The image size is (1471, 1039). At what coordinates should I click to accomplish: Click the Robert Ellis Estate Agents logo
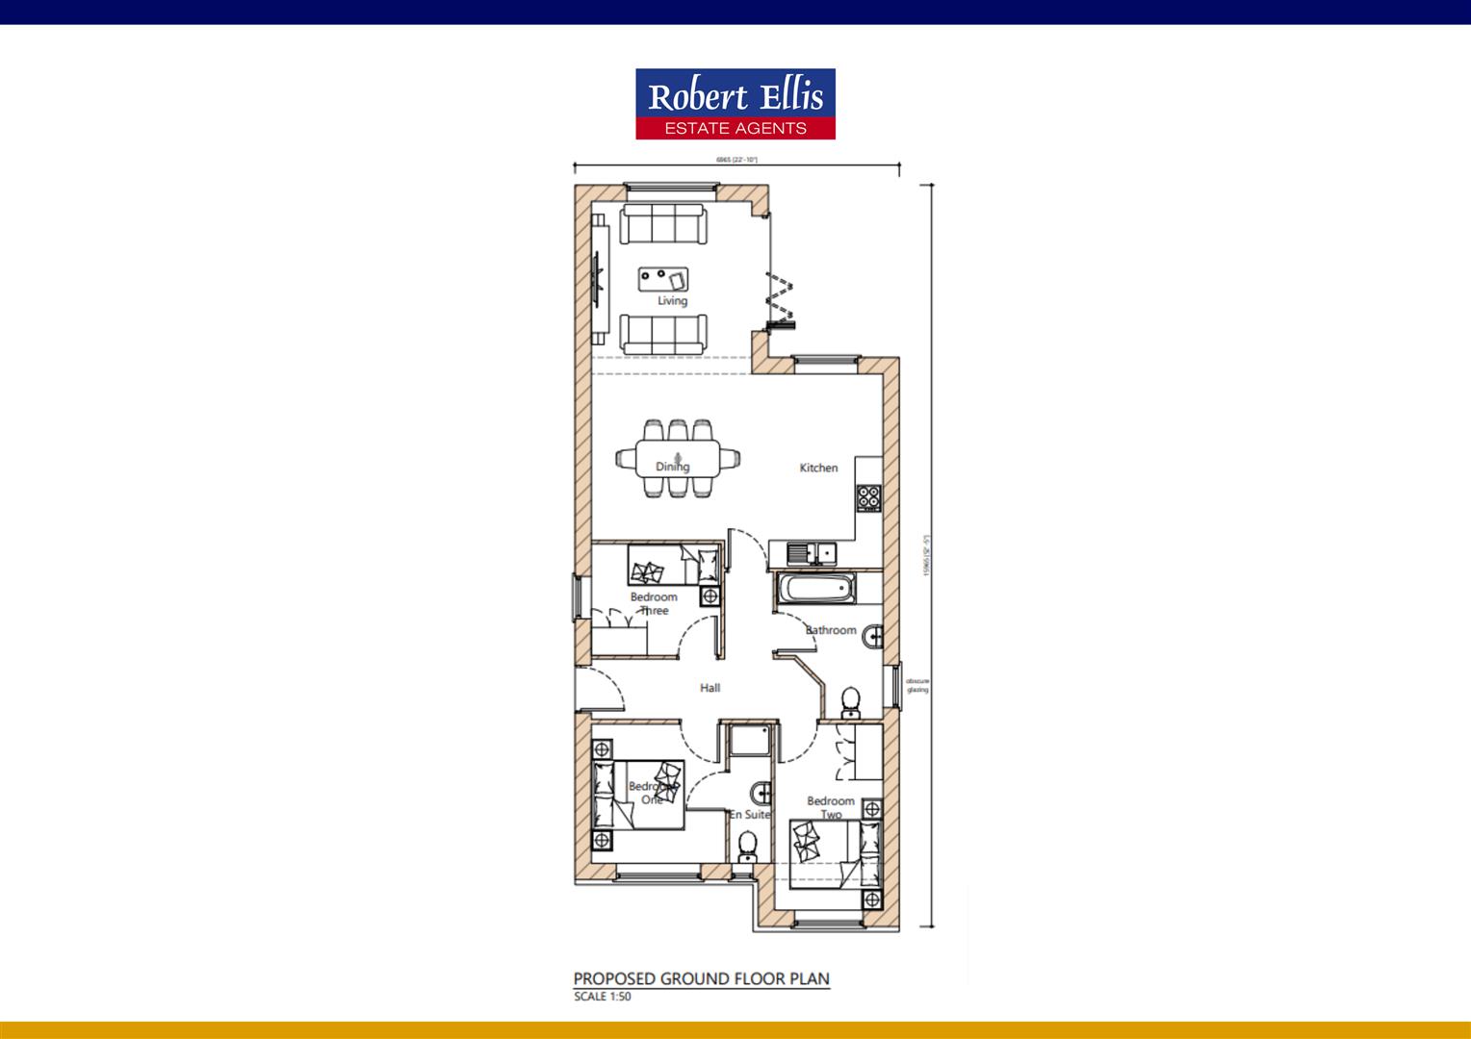(x=735, y=104)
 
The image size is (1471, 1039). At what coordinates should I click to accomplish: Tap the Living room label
(x=672, y=301)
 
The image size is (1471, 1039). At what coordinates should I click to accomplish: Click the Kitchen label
(x=818, y=468)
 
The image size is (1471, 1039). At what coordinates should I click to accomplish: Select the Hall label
(x=710, y=688)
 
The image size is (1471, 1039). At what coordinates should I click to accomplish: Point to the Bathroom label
(x=831, y=630)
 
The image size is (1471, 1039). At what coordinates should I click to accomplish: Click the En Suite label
(x=749, y=815)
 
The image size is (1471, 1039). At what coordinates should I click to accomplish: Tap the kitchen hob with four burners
(x=869, y=498)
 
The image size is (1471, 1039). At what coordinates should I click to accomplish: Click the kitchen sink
(x=810, y=553)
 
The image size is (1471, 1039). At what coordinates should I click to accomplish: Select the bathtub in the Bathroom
(x=814, y=589)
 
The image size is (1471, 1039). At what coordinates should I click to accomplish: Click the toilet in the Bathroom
(x=851, y=703)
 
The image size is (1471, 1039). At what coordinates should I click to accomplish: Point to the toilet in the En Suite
(x=747, y=846)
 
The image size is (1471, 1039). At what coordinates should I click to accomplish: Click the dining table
(x=678, y=458)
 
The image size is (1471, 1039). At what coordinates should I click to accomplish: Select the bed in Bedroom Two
(x=834, y=852)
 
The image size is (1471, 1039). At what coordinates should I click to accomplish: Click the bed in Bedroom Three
(x=673, y=566)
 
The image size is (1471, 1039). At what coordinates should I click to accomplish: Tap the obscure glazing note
(x=917, y=685)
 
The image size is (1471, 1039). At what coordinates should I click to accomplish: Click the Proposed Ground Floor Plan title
(x=701, y=979)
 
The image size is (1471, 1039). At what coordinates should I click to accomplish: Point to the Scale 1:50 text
(x=603, y=998)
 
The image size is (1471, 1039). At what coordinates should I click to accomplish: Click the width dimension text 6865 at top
(x=736, y=160)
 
